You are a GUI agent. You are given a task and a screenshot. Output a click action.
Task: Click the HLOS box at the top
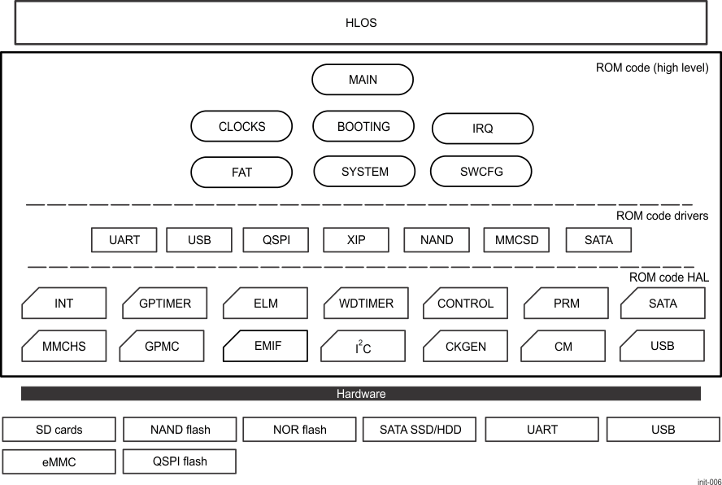coord(360,23)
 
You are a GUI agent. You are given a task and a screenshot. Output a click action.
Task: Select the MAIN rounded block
coord(363,80)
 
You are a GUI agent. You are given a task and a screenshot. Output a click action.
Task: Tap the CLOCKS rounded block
coord(241,127)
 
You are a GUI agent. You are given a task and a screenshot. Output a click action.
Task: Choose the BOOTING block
coord(363,127)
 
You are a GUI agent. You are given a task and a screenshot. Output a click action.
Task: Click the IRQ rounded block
coord(482,129)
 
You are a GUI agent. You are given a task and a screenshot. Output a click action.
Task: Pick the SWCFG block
coord(481,172)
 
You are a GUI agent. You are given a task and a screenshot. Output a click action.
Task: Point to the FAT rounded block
coord(241,173)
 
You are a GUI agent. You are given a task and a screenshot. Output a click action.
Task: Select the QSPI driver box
coord(276,240)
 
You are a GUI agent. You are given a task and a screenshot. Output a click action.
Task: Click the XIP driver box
coord(356,240)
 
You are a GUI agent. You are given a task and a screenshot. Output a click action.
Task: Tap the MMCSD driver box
coord(516,240)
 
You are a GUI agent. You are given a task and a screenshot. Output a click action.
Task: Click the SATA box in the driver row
coord(598,240)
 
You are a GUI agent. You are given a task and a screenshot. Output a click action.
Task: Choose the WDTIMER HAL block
coord(365,304)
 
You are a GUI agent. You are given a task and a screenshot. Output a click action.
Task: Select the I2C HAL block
coord(363,347)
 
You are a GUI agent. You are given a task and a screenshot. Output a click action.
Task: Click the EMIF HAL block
coord(265,346)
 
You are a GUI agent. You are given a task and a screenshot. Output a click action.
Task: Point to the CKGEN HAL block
coord(465,347)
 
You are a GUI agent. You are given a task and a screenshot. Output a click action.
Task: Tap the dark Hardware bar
coord(360,394)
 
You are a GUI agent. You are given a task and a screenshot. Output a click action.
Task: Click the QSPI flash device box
coord(179,461)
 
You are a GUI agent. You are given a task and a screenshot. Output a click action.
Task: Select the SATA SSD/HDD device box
coord(420,429)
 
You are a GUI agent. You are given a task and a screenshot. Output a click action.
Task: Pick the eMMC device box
coord(59,461)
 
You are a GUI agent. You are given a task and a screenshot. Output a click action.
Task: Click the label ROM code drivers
coord(662,216)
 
